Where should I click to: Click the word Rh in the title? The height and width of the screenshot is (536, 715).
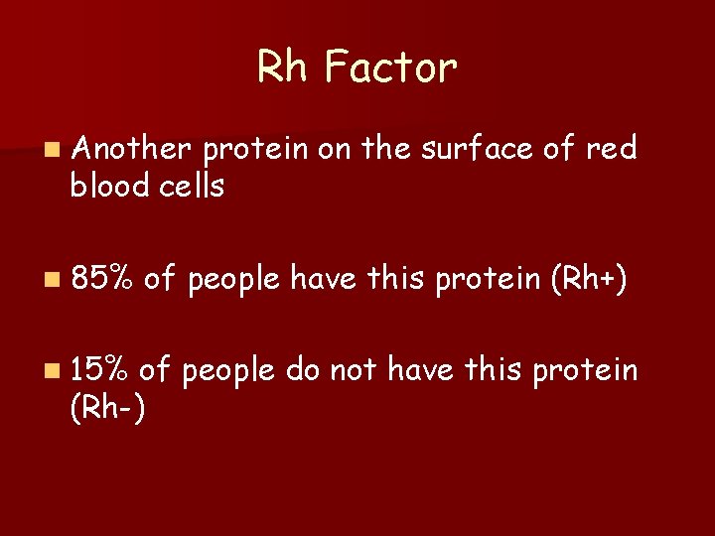pos(282,67)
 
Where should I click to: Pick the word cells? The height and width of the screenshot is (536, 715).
pos(190,185)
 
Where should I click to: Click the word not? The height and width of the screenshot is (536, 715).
pos(354,370)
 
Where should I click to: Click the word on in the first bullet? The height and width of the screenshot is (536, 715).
pos(337,149)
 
